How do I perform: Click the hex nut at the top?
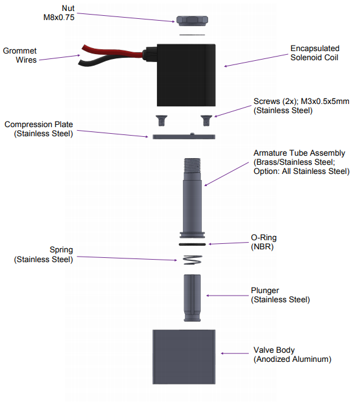192,21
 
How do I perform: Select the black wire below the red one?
110,60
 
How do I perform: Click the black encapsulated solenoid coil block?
186,75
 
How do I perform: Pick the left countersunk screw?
161,120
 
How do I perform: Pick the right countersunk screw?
206,120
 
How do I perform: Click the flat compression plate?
184,137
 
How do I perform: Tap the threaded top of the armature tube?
192,165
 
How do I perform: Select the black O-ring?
192,244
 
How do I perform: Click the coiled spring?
192,260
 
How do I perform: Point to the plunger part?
192,298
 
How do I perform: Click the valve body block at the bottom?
184,357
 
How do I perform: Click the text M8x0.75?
59,18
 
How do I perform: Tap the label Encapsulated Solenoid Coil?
315,53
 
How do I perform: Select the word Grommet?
19,50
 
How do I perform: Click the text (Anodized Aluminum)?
292,359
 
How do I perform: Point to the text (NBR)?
262,247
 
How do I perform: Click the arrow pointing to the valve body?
235,353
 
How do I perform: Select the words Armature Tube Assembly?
299,153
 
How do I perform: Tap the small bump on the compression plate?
192,134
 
